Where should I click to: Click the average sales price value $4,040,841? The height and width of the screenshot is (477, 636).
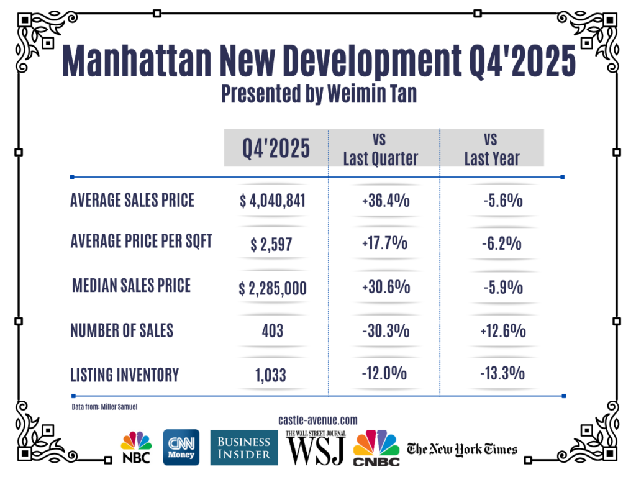273,201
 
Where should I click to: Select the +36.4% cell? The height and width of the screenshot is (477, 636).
384,201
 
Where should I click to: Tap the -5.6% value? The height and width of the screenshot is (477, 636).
502,201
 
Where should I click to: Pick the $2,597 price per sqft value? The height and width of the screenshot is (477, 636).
271,244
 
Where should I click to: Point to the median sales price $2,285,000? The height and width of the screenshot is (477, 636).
273,288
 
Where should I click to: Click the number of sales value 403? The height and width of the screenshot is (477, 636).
273,330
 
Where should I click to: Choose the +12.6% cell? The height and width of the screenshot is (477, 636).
502,330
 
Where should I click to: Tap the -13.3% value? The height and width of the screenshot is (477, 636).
502,374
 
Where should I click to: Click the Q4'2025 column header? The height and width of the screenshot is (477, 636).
276,148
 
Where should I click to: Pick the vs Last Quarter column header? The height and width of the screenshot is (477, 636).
381,148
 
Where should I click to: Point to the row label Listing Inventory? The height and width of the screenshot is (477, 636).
124,375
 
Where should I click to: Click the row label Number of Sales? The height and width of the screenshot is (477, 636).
122,331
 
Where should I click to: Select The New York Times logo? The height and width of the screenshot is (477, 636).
461,448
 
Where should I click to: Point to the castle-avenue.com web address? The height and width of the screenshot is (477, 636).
319,420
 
